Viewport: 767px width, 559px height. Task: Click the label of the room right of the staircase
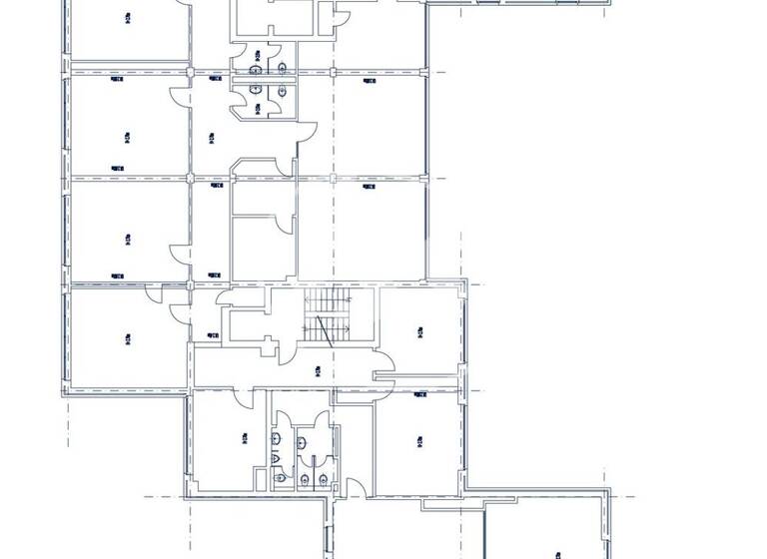[420, 328]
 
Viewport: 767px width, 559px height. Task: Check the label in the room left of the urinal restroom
[244, 436]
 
